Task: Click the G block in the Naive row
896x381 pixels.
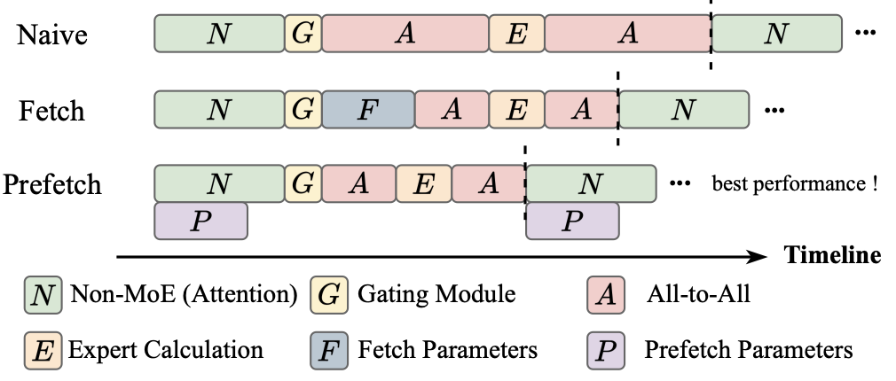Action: coord(303,34)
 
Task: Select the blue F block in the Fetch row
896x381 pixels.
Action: coord(368,109)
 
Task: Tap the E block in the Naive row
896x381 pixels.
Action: coord(517,34)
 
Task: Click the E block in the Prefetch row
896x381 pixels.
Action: coord(424,183)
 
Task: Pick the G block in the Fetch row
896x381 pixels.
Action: coord(303,109)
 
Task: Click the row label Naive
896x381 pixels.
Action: coord(52,35)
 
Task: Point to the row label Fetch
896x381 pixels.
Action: coord(52,111)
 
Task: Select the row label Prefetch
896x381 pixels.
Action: coord(52,185)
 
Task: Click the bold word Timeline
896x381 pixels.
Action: coord(832,255)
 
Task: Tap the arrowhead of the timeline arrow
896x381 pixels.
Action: coord(758,257)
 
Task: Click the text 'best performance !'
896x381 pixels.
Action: coord(795,184)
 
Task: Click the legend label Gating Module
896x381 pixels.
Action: coord(436,293)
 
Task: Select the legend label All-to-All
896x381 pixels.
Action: coord(697,293)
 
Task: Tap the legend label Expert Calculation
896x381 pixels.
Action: coord(165,349)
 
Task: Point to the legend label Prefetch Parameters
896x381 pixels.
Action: coord(748,349)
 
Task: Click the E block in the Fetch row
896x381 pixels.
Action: coord(517,109)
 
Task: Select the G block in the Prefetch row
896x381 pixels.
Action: coord(303,183)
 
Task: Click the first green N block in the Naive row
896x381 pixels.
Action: coord(218,34)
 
